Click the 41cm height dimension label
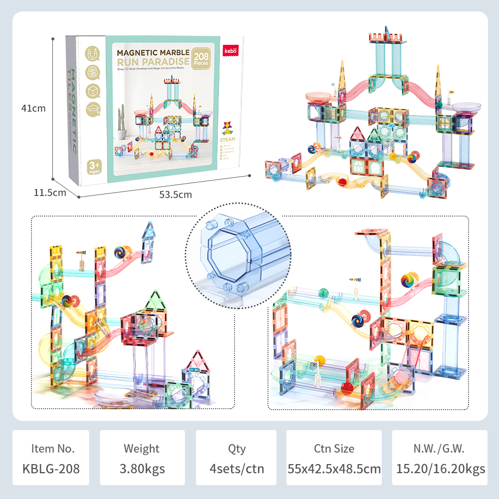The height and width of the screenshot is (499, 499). click(33, 108)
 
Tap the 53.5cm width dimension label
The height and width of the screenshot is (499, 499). click(175, 195)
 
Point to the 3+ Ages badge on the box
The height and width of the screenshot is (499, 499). click(94, 166)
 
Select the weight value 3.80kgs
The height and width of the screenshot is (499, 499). click(142, 469)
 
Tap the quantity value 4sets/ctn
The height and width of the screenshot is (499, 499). click(237, 469)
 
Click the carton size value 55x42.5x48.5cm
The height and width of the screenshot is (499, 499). click(334, 469)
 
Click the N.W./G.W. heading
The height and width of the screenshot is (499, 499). click(440, 448)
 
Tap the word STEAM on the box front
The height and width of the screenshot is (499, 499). click(229, 139)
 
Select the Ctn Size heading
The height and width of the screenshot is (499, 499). click(334, 448)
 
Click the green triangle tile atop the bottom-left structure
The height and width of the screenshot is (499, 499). click(155, 302)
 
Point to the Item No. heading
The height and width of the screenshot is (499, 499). click(52, 448)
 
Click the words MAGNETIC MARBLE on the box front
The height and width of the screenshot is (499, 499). click(153, 52)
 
